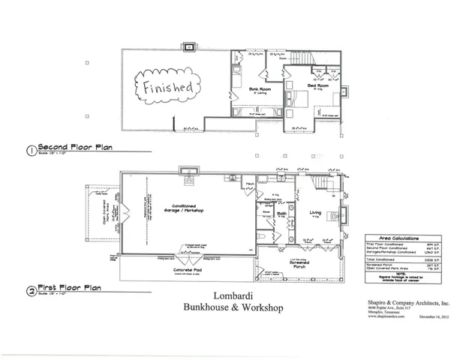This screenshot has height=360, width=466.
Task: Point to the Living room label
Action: (315, 213)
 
